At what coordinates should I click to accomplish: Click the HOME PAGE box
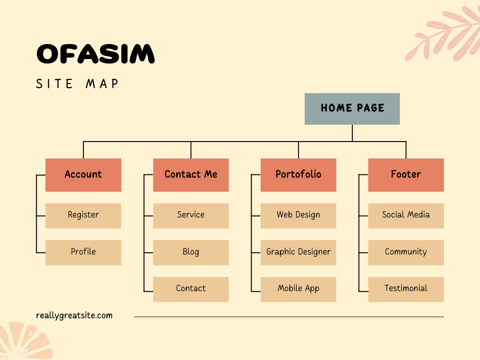pos(352,109)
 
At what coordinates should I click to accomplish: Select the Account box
pos(83,175)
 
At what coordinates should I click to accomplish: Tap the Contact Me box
pos(191,175)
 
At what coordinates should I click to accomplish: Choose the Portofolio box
pos(298,175)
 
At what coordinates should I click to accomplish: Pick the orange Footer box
pos(406,175)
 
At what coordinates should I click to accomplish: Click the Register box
pos(83,216)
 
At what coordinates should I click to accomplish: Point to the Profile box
pos(83,252)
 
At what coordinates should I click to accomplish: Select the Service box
pos(191,216)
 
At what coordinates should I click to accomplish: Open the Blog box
pos(191,252)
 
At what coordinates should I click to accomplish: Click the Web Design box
pos(298,216)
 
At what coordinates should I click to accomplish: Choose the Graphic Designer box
pos(298,252)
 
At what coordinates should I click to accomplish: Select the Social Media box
pos(406,216)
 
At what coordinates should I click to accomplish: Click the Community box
pos(406,252)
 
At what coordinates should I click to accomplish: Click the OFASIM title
pos(96,54)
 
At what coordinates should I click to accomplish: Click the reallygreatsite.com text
pos(74,315)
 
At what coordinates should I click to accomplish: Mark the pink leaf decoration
pos(443,35)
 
